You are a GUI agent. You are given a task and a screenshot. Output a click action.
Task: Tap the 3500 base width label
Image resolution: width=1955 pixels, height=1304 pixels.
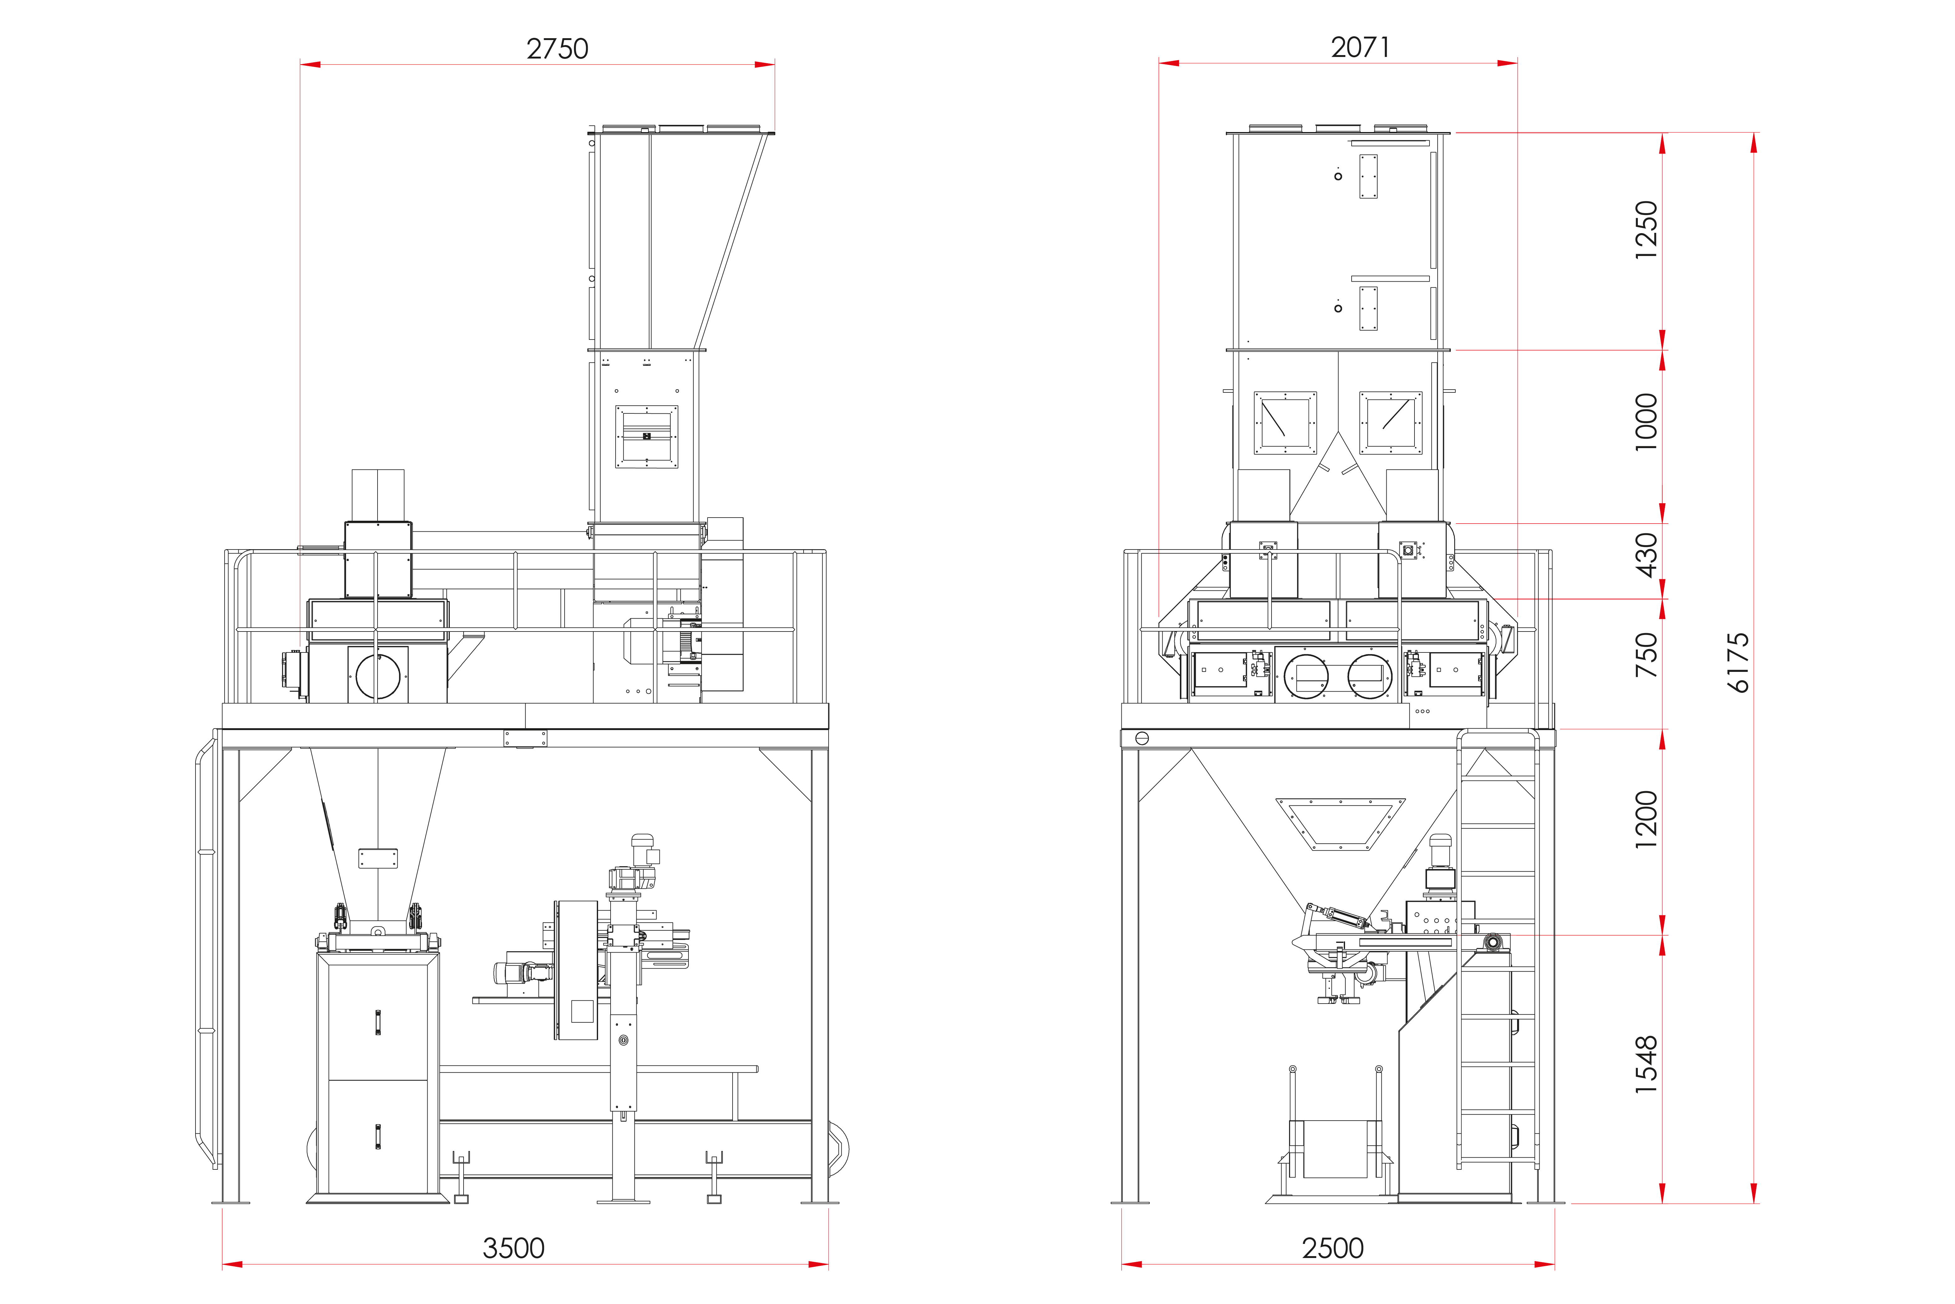click(514, 1248)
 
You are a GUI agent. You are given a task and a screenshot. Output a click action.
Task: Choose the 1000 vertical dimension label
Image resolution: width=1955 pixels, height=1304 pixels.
click(1646, 422)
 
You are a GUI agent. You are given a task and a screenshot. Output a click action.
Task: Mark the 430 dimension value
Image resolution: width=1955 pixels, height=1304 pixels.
click(1646, 555)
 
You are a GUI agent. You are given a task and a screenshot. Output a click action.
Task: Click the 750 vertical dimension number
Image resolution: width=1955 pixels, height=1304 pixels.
click(1646, 654)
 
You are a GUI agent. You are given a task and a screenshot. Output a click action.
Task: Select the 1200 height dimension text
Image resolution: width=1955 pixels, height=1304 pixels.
click(1646, 820)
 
